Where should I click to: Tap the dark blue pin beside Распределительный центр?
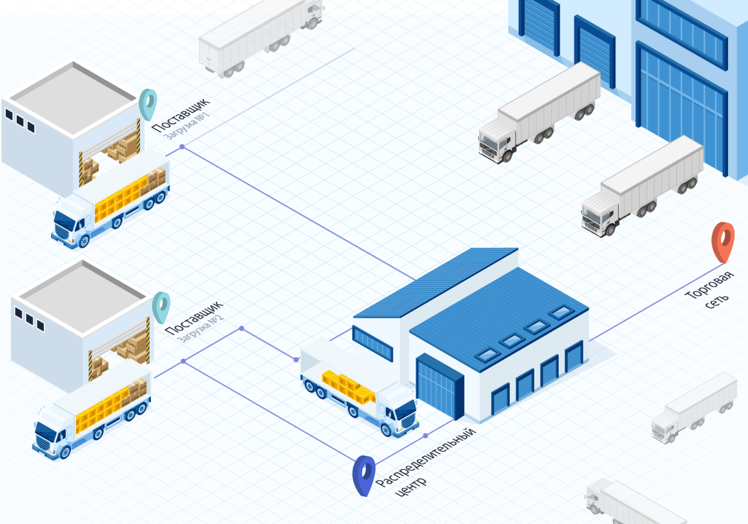pos(364,474)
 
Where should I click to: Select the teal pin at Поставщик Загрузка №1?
pos(148,103)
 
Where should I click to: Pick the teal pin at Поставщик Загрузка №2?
pos(161,307)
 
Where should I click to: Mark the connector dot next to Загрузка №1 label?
pos(182,147)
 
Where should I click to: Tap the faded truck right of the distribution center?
pos(694,407)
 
